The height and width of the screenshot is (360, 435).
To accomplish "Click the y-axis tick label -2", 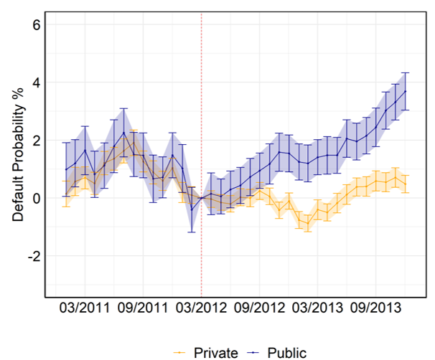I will (33, 256).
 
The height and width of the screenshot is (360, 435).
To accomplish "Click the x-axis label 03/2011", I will (85, 310).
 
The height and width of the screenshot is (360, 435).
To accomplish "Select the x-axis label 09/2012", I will (259, 310).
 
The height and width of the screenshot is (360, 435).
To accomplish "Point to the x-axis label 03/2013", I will (317, 310).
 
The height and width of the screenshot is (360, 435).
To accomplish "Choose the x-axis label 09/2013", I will (375, 310).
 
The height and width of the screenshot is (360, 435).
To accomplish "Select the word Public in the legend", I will (287, 352).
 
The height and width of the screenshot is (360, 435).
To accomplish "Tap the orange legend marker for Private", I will (179, 352).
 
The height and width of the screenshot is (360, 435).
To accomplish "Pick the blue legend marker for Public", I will (252, 352).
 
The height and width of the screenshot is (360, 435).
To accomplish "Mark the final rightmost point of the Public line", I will (405, 91).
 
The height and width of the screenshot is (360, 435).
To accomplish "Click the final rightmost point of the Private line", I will (405, 184).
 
